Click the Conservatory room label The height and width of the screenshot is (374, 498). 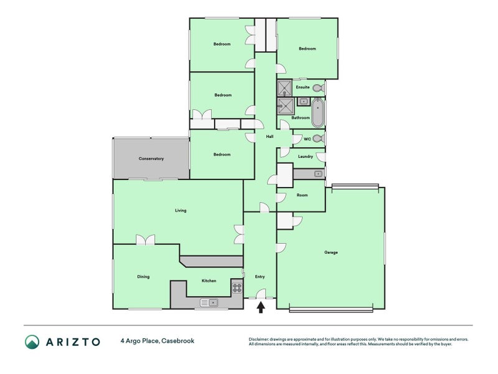[151, 159]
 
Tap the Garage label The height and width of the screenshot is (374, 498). [331, 252]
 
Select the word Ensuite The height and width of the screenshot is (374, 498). [303, 87]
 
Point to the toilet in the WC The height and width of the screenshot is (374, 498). [317, 139]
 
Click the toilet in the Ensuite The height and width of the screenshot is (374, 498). [317, 88]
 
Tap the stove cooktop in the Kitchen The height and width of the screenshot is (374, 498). [237, 287]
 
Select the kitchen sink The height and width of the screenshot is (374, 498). [209, 302]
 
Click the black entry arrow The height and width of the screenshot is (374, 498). [261, 305]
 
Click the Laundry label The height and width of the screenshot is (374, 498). [306, 156]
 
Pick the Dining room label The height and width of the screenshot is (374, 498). [143, 277]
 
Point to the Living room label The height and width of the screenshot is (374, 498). [181, 211]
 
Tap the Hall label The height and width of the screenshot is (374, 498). [270, 137]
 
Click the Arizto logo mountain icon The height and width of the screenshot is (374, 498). [32, 342]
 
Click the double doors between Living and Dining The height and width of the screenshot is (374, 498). [146, 240]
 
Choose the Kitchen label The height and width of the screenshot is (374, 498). [209, 281]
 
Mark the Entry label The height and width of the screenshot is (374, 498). [260, 277]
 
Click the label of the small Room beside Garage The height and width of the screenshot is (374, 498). [302, 195]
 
